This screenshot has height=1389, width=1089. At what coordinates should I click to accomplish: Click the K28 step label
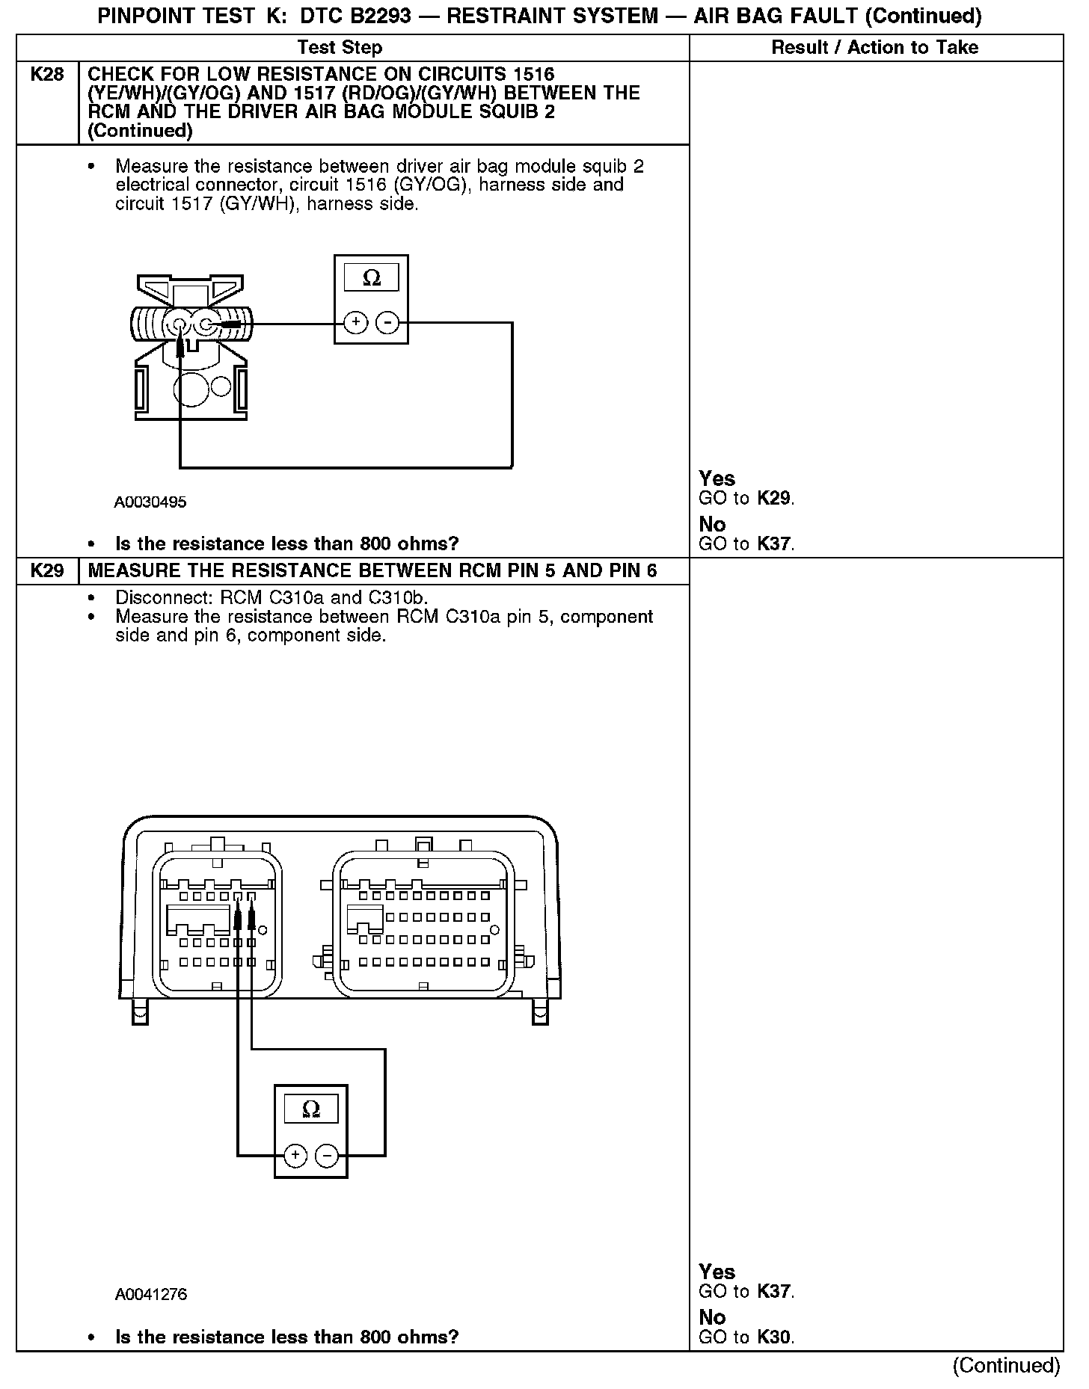47,74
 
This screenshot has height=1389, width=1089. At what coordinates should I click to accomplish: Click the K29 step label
47,571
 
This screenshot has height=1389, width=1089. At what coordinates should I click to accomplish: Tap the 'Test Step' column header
340,48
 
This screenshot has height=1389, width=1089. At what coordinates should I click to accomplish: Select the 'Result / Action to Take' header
874,48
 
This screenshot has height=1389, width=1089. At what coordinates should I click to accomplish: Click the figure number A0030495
150,502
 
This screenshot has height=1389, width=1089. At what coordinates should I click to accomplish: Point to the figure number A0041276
151,1294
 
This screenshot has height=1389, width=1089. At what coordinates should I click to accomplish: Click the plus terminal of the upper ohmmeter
356,322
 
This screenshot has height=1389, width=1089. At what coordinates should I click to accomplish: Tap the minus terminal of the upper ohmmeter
387,322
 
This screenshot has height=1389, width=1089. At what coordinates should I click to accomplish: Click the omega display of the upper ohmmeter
371,279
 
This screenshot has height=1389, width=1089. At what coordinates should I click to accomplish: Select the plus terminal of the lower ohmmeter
296,1155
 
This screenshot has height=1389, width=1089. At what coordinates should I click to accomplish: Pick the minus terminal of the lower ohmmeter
327,1155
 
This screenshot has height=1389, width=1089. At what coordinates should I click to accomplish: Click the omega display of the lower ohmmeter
311,1109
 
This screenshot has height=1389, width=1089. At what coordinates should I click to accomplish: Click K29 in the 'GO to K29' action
773,499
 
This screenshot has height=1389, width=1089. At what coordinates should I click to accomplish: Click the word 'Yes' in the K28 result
717,478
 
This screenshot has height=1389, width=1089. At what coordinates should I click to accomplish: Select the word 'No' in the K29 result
712,1317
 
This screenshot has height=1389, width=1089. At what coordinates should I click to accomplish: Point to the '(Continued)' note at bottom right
1006,1365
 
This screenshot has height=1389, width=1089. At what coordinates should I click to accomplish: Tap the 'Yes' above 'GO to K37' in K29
717,1272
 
